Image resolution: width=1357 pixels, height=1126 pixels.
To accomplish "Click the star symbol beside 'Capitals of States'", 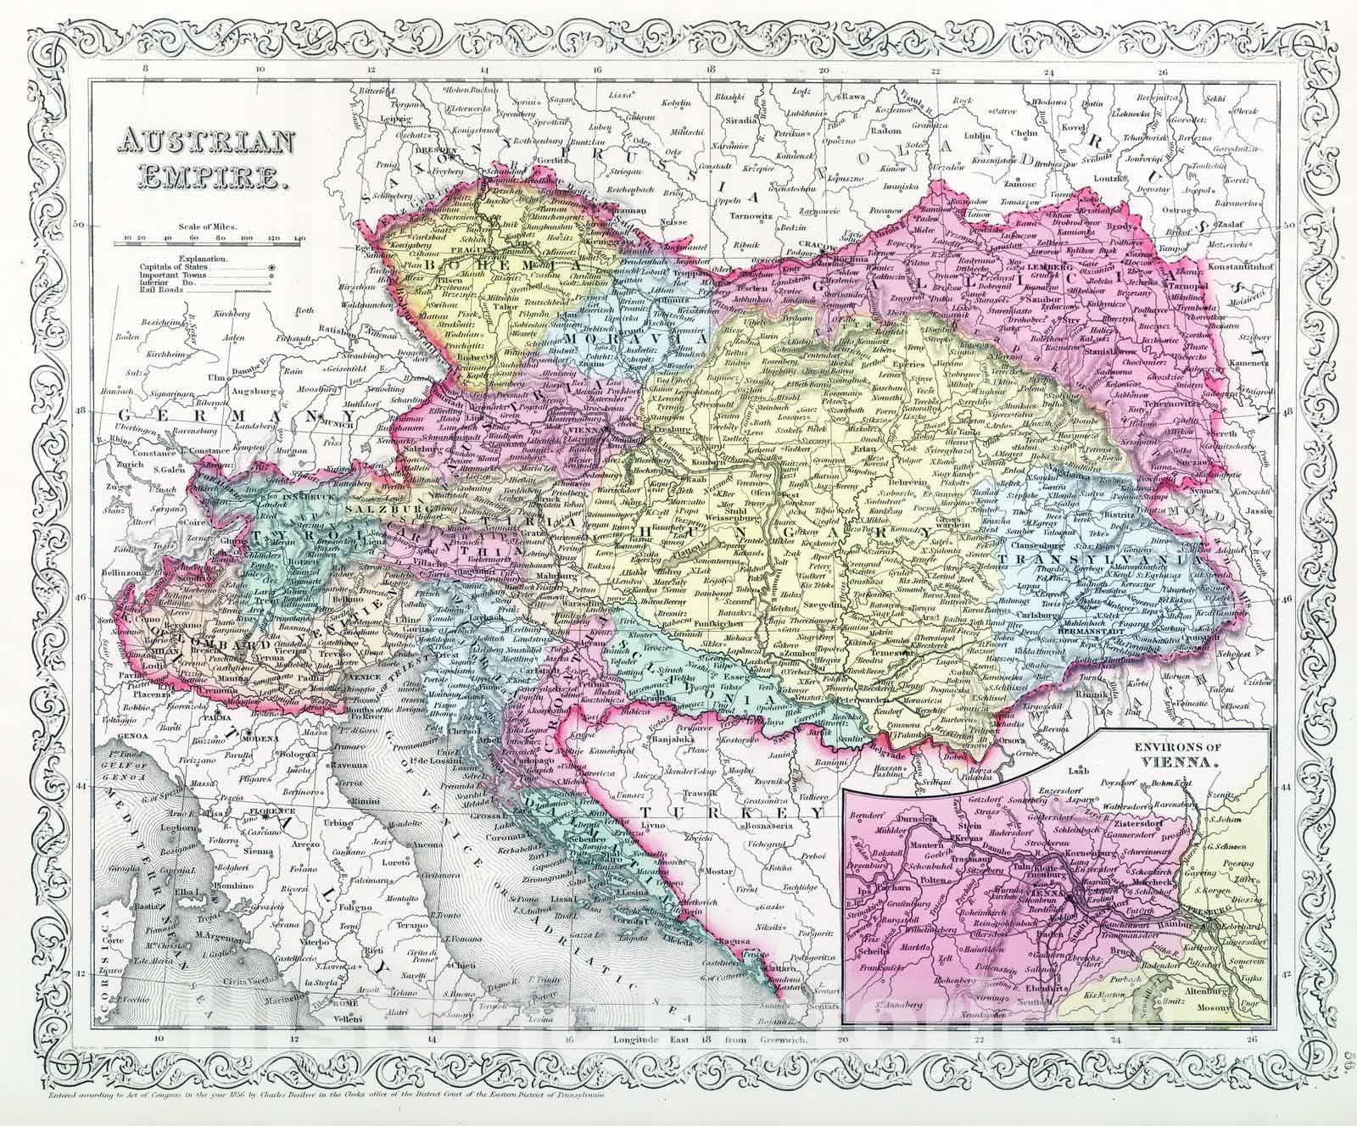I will [271, 266].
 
